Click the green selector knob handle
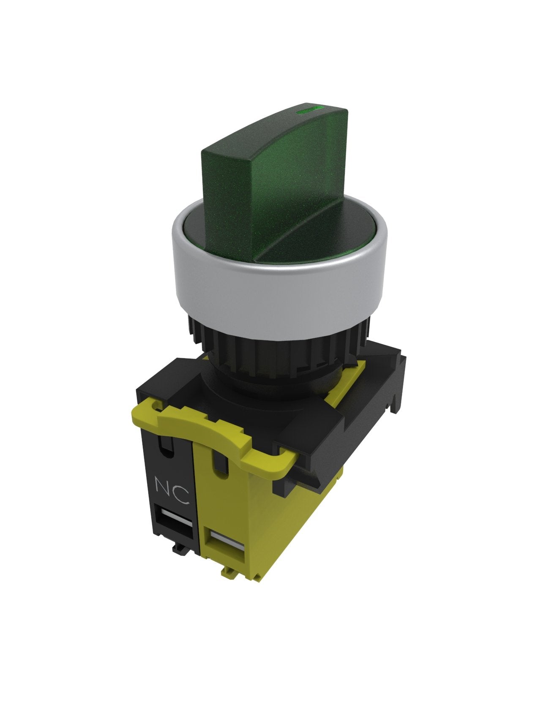(x=275, y=182)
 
